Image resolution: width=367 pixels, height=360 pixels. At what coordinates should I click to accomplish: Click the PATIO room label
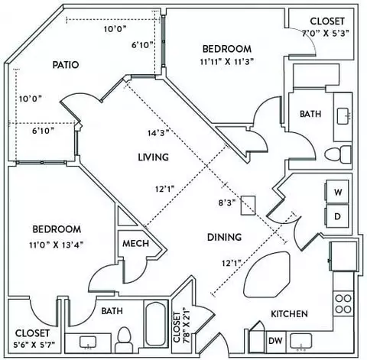pyautogui.click(x=66, y=65)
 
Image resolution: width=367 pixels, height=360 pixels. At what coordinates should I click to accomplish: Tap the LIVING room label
pyautogui.click(x=153, y=157)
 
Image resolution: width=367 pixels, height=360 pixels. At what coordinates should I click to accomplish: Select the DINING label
pyautogui.click(x=224, y=237)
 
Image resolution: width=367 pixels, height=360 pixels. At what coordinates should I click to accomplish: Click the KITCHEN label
pyautogui.click(x=289, y=314)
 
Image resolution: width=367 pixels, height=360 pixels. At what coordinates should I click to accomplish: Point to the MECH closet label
pyautogui.click(x=136, y=244)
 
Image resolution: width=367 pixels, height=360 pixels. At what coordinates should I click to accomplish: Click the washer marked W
pyautogui.click(x=337, y=192)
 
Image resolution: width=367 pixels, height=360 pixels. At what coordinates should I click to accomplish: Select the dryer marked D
pyautogui.click(x=337, y=216)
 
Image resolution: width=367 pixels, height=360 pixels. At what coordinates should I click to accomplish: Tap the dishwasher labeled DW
pyautogui.click(x=276, y=341)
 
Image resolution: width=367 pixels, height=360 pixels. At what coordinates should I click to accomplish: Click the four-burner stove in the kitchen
pyautogui.click(x=343, y=303)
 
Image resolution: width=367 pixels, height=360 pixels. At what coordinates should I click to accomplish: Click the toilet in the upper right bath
pyautogui.click(x=338, y=154)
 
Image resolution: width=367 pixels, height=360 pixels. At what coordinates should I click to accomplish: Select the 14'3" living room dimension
pyautogui.click(x=158, y=133)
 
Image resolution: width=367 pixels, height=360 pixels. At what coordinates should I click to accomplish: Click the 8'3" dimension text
pyautogui.click(x=227, y=203)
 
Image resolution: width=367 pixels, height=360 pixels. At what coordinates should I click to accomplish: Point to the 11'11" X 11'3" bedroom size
pyautogui.click(x=227, y=62)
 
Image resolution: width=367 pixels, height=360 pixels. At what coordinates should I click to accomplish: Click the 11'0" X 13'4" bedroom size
pyautogui.click(x=57, y=245)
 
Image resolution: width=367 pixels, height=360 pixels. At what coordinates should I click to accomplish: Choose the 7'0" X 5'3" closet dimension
pyautogui.click(x=326, y=33)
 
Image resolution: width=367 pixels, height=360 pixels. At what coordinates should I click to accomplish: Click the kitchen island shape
pyautogui.click(x=267, y=274)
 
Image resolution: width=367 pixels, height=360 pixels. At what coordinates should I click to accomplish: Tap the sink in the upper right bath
pyautogui.click(x=343, y=116)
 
